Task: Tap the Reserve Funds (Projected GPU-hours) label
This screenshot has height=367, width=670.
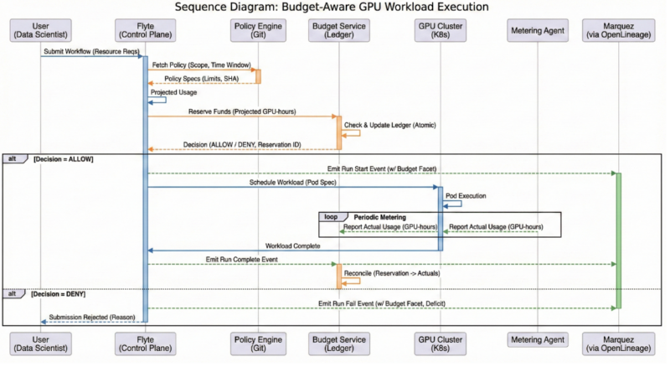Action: coord(240,111)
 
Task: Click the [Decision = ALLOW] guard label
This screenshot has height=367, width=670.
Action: coord(63,158)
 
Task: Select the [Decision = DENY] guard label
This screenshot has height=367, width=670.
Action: coord(59,294)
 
